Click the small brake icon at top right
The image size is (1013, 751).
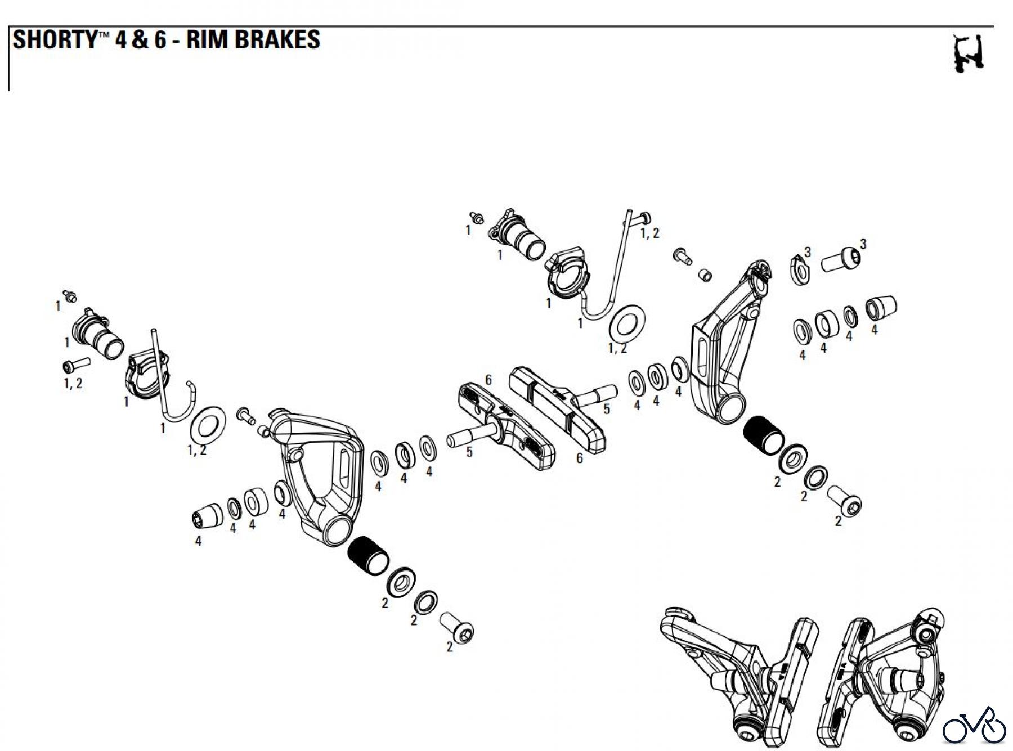pyautogui.click(x=968, y=53)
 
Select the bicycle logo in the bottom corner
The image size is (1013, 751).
pyautogui.click(x=973, y=726)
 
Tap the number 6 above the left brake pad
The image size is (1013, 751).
pyautogui.click(x=488, y=380)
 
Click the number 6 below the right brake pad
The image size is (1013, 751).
pyautogui.click(x=580, y=458)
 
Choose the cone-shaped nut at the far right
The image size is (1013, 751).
pyautogui.click(x=881, y=307)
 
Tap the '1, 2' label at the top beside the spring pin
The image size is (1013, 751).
pyautogui.click(x=649, y=233)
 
